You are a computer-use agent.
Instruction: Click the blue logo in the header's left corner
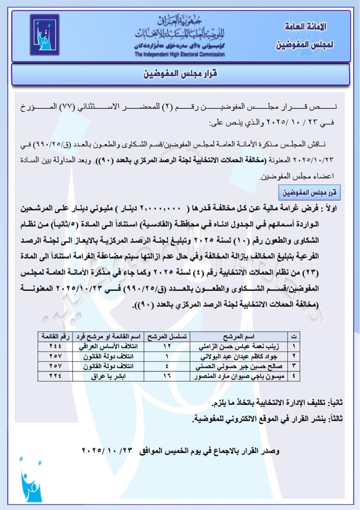[x=44, y=35]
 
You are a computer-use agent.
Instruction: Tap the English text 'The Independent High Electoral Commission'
[x=180, y=54]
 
